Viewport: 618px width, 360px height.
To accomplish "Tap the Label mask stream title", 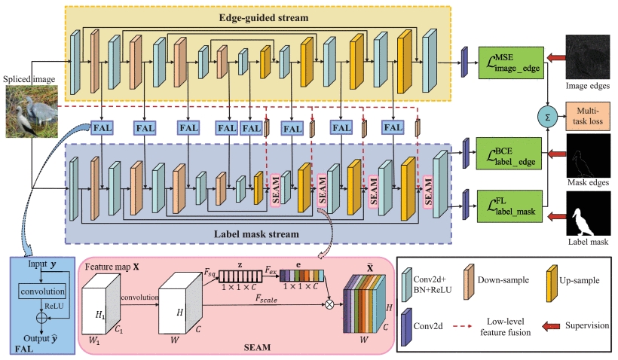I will (x=255, y=234).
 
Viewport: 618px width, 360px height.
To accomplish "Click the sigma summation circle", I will (x=546, y=115).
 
